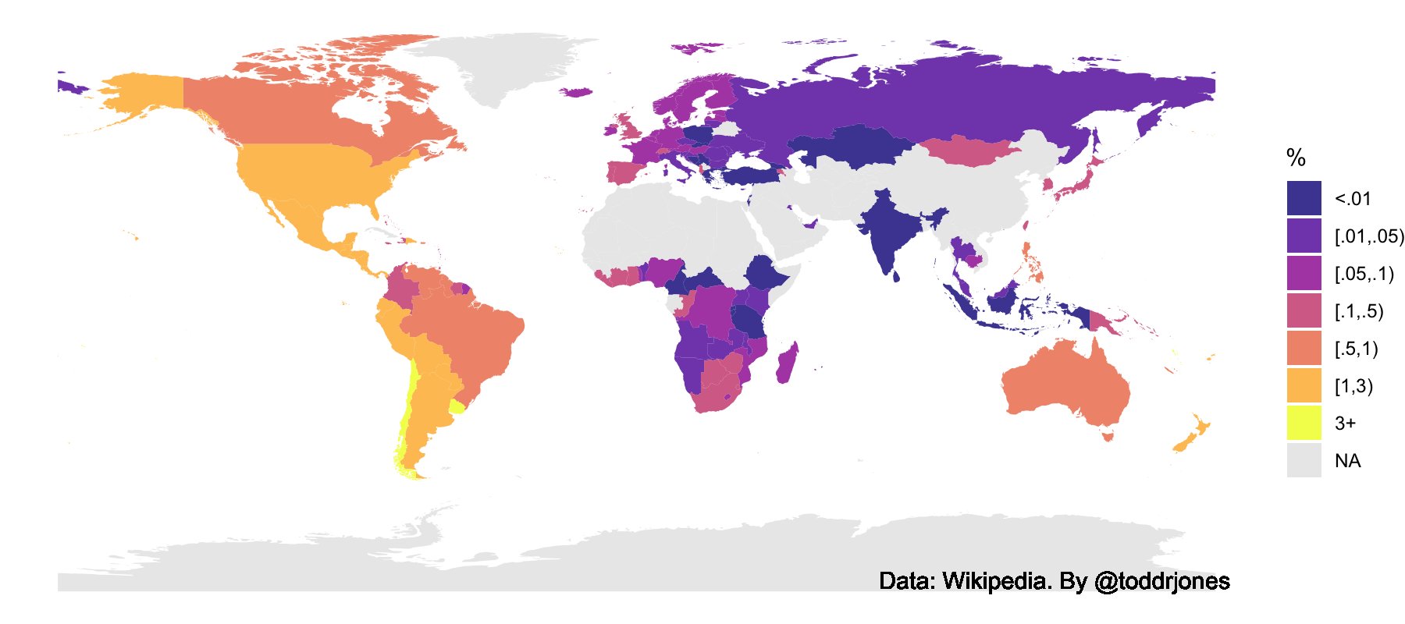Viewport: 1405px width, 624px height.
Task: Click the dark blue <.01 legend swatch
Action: coord(1304,198)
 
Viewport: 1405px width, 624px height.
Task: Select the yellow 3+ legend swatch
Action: coord(1304,423)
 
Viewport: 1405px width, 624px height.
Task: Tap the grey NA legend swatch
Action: coord(1304,460)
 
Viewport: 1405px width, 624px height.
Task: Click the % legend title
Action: coord(1296,158)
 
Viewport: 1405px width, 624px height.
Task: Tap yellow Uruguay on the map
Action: coord(457,406)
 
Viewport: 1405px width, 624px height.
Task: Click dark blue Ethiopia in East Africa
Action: coord(769,277)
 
